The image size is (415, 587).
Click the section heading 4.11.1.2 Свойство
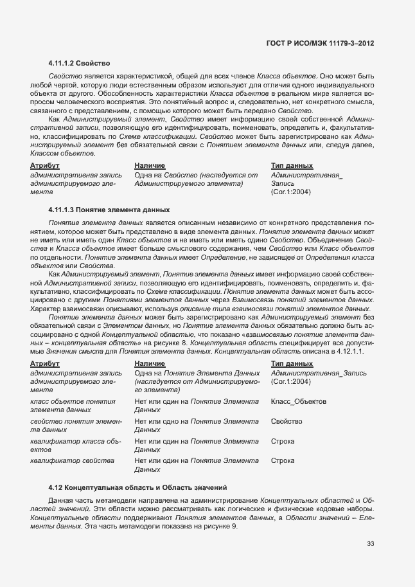point(79,64)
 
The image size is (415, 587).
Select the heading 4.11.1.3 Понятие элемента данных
point(109,210)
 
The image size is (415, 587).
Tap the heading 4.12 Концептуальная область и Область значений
point(138,487)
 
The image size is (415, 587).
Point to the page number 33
point(371,543)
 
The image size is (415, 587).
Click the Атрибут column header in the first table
point(44,166)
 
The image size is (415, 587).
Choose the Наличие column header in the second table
point(150,364)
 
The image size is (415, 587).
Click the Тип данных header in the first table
point(292,166)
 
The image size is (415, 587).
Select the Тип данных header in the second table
point(292,364)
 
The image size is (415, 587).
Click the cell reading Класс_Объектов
point(299,401)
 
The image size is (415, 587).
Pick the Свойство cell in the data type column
point(287,421)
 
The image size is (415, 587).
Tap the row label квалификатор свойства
point(72,460)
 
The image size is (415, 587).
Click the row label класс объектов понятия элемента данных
point(73,405)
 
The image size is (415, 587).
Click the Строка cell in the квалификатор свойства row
point(283,460)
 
